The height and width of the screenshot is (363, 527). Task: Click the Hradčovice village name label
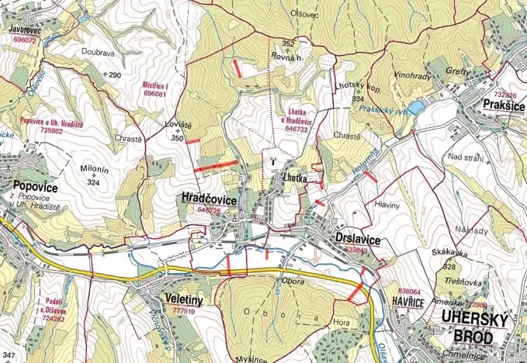(210, 199)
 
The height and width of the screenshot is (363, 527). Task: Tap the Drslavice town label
(358, 240)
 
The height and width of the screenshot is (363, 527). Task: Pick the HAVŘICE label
(407, 302)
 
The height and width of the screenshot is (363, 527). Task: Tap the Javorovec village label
(24, 29)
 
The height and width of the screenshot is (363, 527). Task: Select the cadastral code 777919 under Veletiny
(183, 311)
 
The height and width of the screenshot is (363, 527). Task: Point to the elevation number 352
(289, 43)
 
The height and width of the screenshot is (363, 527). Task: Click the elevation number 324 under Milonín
(94, 182)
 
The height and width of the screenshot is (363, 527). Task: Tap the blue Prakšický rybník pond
(416, 107)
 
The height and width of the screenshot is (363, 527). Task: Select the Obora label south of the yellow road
(293, 281)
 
